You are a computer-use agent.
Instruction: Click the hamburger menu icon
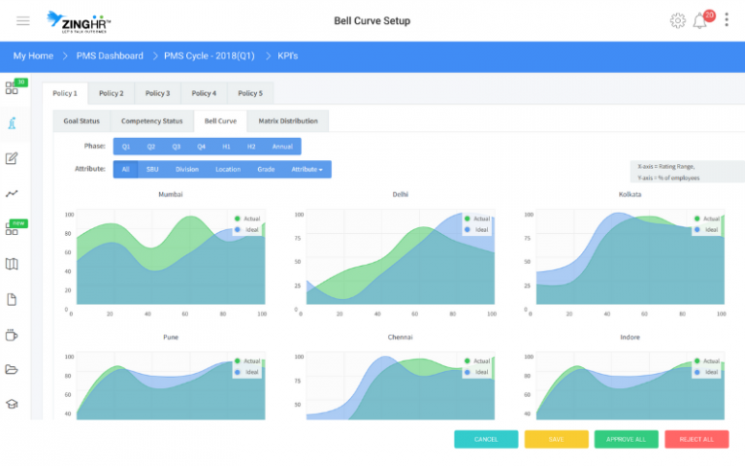23,20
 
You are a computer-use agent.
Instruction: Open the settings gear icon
677,20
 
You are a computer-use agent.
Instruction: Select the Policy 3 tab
157,93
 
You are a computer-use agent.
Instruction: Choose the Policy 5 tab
250,93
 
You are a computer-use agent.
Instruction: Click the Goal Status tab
81,121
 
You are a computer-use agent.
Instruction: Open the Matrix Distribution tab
287,121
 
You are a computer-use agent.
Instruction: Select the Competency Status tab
151,121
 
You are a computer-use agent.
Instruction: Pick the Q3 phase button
176,147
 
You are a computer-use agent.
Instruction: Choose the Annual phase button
282,147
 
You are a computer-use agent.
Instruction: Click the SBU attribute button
152,169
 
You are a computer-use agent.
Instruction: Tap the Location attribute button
228,169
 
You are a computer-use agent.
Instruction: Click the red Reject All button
696,439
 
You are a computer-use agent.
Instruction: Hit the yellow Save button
556,439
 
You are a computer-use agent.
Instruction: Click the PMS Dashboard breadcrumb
110,56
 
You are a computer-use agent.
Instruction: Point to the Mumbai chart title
171,194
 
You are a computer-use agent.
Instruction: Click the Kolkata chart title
630,194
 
